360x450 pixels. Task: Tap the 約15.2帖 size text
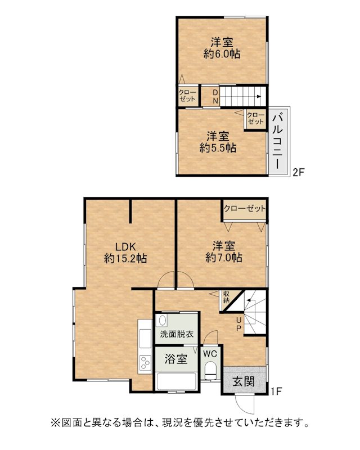point(125,258)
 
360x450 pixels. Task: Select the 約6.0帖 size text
point(222,54)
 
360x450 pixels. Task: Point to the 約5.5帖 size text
point(218,148)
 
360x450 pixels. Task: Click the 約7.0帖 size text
point(224,257)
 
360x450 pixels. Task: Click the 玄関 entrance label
point(244,381)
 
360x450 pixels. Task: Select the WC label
point(210,354)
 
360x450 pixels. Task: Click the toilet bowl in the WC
point(211,370)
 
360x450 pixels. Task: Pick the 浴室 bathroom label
point(176,359)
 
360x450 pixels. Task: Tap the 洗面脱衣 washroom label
point(177,334)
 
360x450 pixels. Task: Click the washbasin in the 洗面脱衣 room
point(163,320)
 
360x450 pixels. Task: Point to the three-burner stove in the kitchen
point(145,363)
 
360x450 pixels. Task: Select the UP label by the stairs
point(238,324)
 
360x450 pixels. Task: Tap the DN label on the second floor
point(215,97)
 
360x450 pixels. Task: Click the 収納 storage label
point(227,298)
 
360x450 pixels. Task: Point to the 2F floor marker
point(298,172)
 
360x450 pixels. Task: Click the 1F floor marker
point(276,391)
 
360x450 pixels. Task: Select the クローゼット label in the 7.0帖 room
point(245,208)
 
